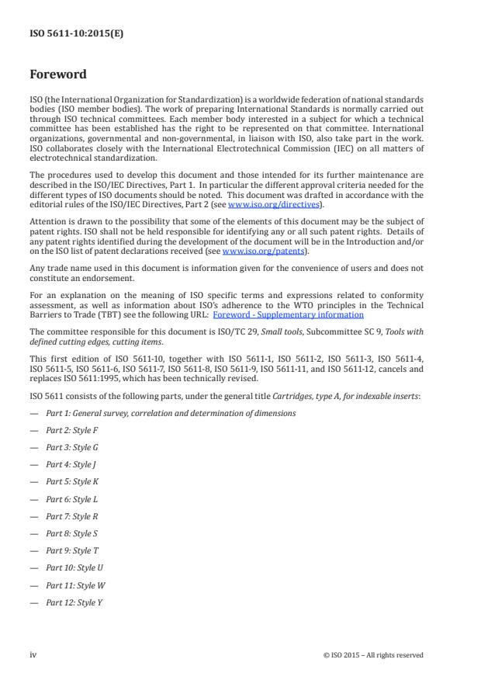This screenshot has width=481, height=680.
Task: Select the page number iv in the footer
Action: pos(33,655)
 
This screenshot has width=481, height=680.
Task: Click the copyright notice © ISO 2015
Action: pos(373,655)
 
